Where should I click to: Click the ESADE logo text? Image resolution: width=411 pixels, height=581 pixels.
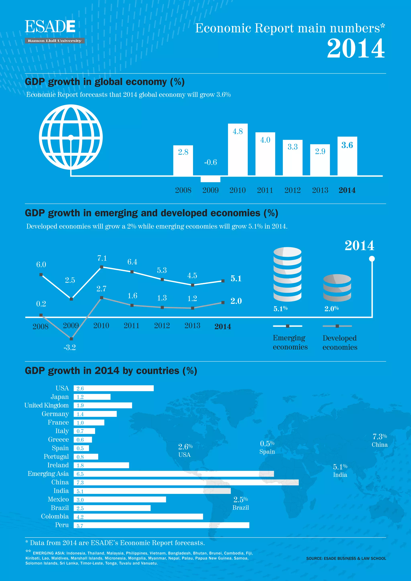click(x=50, y=27)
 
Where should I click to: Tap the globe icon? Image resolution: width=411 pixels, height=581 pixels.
click(x=71, y=137)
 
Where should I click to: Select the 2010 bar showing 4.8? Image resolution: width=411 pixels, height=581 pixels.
click(x=238, y=150)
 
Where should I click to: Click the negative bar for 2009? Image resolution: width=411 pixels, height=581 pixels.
click(x=210, y=179)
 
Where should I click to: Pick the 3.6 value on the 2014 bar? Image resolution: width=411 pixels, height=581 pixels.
click(x=347, y=145)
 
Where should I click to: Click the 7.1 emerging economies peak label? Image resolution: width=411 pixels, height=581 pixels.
click(x=102, y=258)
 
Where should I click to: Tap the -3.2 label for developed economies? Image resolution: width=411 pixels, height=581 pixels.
click(x=70, y=347)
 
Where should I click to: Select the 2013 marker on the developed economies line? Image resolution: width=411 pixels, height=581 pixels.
click(x=193, y=308)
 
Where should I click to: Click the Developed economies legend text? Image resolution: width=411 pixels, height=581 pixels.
click(x=340, y=342)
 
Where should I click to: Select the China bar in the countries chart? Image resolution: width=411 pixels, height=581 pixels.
click(x=186, y=482)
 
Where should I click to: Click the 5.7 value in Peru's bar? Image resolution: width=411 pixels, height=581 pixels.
click(x=80, y=526)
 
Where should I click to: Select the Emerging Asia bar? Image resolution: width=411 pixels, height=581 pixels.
click(x=174, y=474)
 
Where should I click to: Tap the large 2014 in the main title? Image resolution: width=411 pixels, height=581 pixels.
click(x=356, y=49)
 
